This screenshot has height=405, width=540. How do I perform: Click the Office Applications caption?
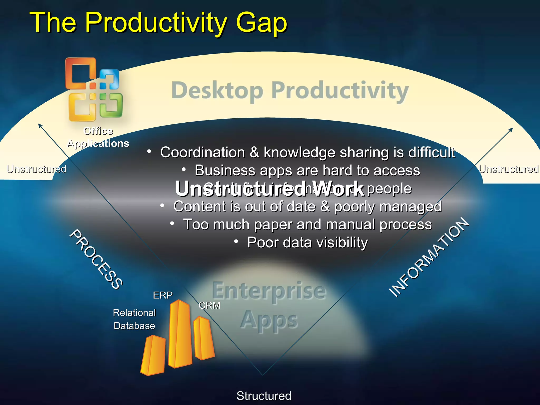(x=98, y=137)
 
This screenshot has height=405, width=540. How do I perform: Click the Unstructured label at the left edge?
(x=36, y=169)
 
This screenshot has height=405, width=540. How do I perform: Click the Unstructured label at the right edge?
(x=509, y=169)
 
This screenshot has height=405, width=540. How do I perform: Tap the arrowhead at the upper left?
(x=40, y=125)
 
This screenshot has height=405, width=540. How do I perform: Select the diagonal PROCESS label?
(x=96, y=259)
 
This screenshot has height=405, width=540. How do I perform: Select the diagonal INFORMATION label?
(x=429, y=257)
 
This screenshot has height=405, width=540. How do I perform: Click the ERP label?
(x=163, y=295)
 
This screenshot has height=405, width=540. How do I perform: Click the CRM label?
(x=209, y=305)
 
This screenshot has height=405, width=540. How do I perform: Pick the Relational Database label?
(x=134, y=319)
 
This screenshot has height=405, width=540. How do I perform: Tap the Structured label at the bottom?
(x=264, y=396)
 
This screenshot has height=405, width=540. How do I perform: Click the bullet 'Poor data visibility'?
(x=307, y=242)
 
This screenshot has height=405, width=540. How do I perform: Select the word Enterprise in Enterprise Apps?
(x=269, y=291)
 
